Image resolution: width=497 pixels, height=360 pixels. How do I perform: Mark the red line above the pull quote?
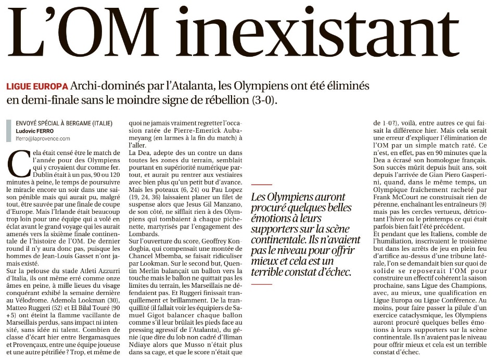261,185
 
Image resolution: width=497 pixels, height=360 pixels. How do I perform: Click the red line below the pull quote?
261,284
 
